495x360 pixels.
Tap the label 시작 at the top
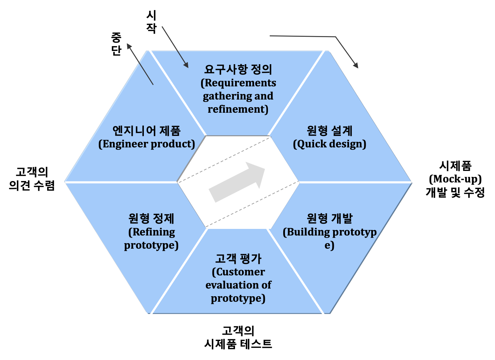click(151, 22)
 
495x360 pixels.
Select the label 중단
click(116, 44)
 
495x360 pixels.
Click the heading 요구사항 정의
click(238, 69)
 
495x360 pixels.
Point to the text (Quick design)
click(329, 144)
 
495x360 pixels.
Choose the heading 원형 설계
click(329, 131)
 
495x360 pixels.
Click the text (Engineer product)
click(147, 144)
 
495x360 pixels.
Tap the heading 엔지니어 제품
click(147, 131)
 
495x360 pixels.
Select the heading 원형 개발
click(329, 218)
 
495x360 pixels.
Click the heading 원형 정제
click(151, 218)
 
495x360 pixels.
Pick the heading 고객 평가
click(238, 258)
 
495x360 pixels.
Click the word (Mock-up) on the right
click(455, 179)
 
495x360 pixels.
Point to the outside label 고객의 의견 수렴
click(32, 179)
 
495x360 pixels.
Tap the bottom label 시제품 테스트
click(238, 344)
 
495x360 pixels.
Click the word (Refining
click(151, 232)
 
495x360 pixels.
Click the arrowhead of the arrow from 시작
click(186, 65)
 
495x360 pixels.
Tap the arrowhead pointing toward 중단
click(129, 46)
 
